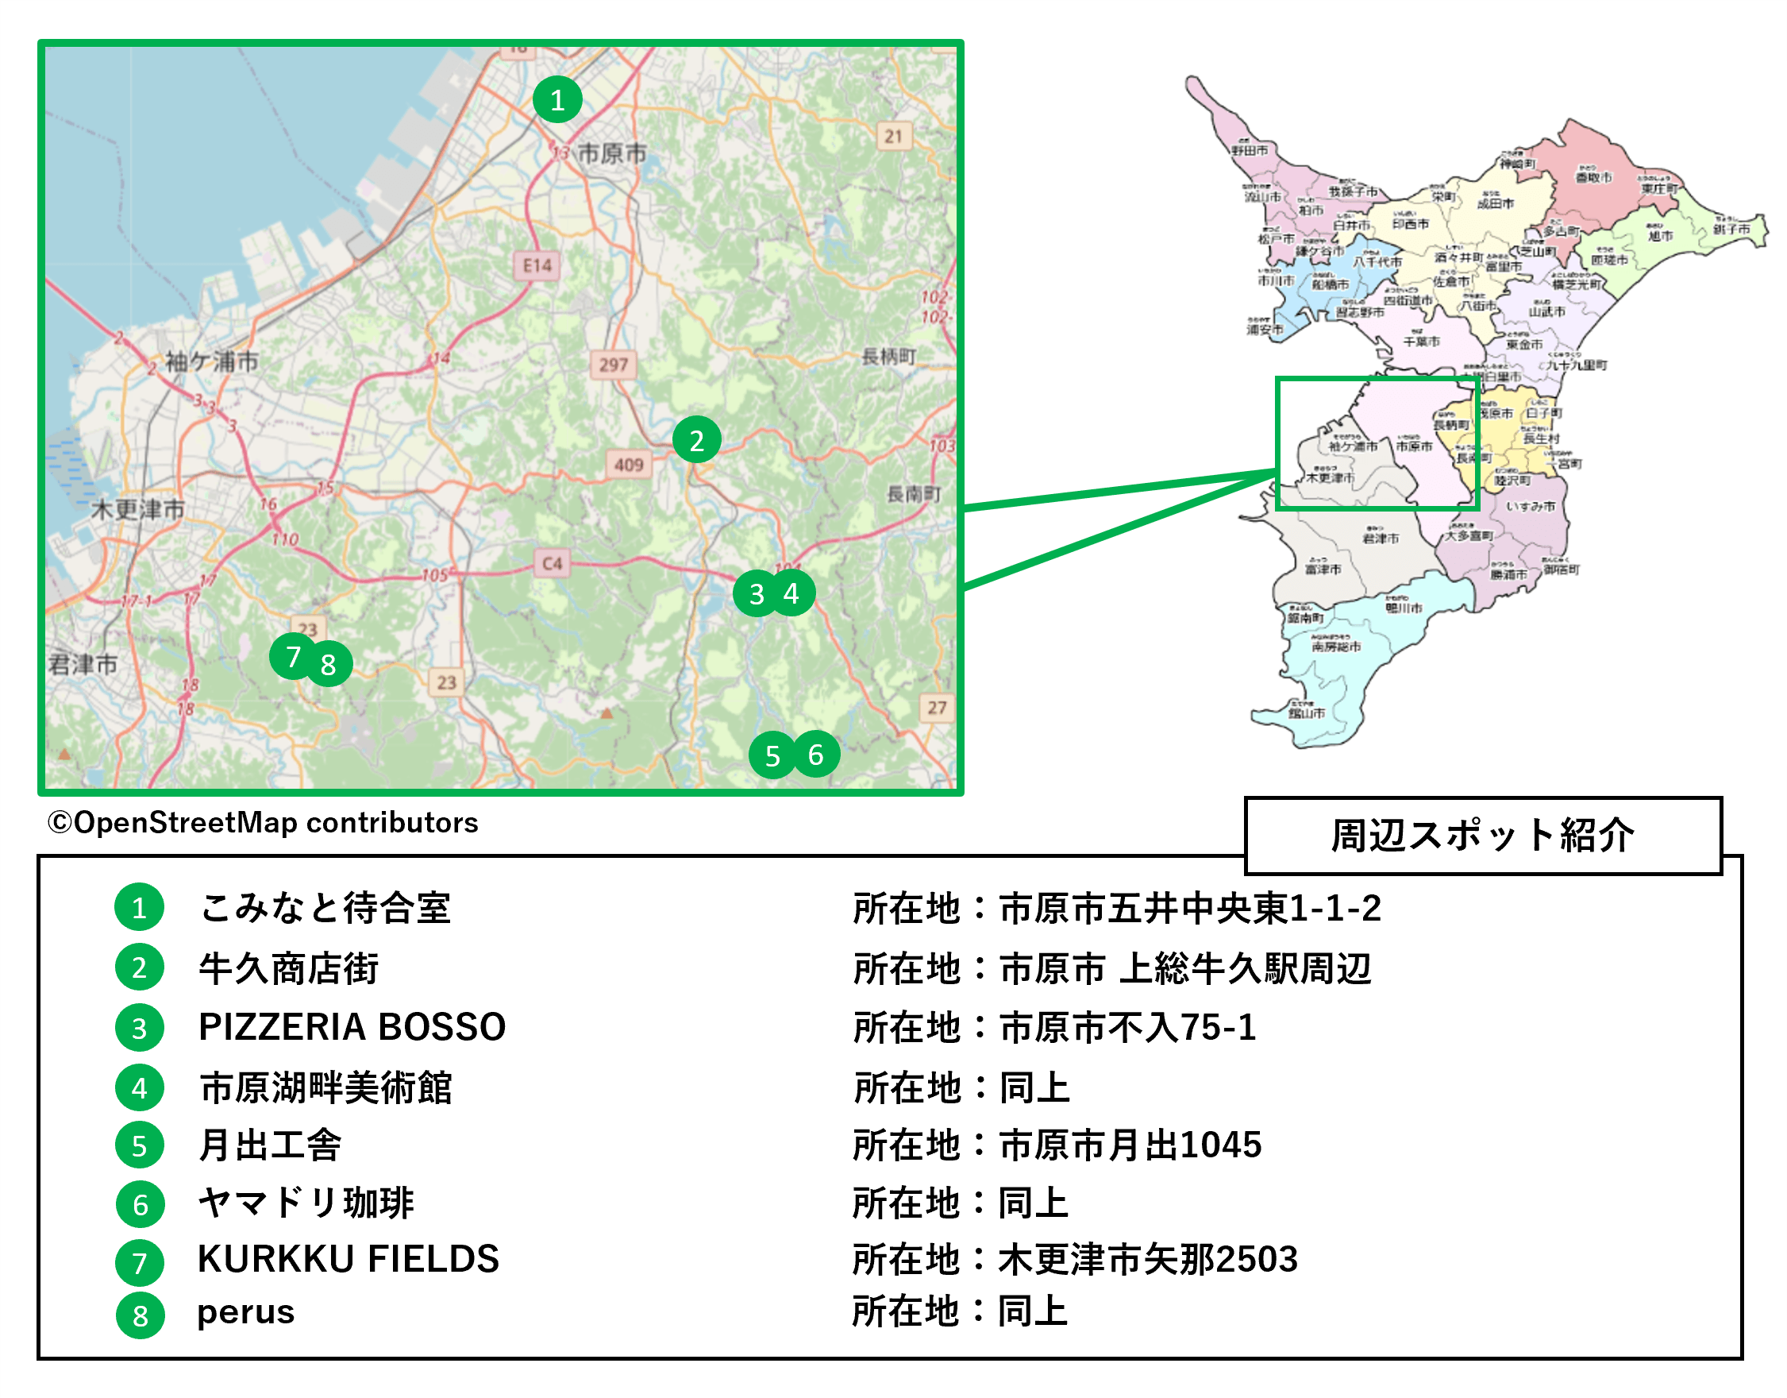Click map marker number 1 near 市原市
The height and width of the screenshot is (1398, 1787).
[557, 100]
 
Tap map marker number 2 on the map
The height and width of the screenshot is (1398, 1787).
[696, 440]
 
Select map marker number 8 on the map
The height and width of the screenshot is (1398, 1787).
[328, 664]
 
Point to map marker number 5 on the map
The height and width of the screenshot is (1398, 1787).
[772, 755]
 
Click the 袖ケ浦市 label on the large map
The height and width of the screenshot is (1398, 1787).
[212, 361]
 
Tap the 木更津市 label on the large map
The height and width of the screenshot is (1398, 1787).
[137, 509]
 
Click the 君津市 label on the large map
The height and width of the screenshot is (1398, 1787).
[83, 664]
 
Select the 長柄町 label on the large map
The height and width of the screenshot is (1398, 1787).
[888, 356]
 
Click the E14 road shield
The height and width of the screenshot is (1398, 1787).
[537, 265]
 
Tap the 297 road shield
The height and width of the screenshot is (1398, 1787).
[613, 365]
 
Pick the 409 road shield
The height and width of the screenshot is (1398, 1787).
[629, 464]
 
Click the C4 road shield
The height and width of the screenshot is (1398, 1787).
[553, 563]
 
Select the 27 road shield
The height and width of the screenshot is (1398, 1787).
[937, 707]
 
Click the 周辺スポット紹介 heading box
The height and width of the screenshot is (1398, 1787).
[1482, 836]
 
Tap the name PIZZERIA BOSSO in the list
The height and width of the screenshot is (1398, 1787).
[352, 1027]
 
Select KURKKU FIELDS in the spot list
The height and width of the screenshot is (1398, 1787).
[349, 1259]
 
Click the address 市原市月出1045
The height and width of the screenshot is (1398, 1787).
[1130, 1145]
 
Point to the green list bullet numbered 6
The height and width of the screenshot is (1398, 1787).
[140, 1204]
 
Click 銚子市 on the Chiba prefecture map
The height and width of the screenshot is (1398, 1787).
[1731, 230]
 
